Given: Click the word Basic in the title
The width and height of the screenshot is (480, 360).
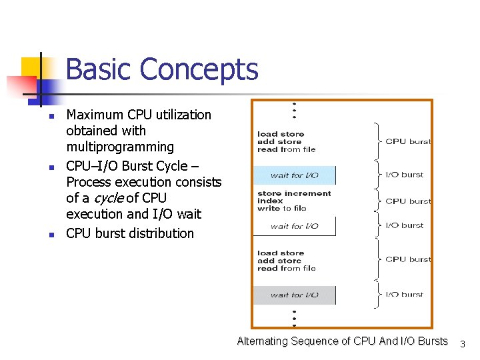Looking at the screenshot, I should (x=99, y=69).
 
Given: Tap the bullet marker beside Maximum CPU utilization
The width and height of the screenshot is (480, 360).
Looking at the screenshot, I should (x=50, y=118).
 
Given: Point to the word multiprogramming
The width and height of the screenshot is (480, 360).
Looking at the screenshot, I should (x=120, y=147).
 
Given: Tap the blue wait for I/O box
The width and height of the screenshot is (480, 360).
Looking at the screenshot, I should (x=294, y=175).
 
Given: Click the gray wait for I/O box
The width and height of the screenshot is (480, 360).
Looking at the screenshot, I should (x=294, y=295).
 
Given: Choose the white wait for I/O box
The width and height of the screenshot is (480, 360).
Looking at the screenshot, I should (x=294, y=226).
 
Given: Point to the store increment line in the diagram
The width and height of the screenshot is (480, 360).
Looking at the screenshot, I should (x=294, y=193).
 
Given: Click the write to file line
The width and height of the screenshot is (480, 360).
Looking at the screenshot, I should (x=282, y=208).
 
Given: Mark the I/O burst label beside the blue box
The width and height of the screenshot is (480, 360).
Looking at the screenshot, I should (x=405, y=175).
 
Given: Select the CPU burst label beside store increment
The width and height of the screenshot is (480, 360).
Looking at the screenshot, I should (x=408, y=201).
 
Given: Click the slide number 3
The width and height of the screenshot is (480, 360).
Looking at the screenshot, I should (x=463, y=344).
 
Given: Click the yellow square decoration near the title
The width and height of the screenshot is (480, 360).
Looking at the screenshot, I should (x=31, y=67).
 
